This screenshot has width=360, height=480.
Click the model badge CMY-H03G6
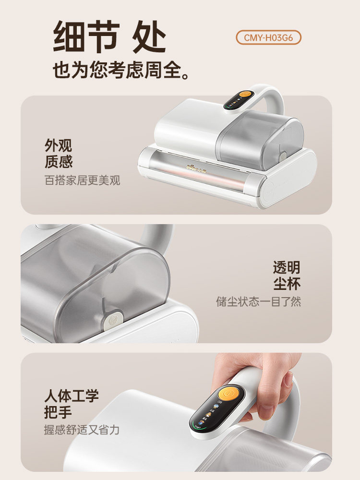pos(268,38)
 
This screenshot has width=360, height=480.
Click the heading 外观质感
pos(59,154)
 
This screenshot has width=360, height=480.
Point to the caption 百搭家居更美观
pos(82,180)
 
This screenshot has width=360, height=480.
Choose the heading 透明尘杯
pos(287,275)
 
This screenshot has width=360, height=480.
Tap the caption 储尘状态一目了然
pos(258,302)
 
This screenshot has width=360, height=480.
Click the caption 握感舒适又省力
pos(82,430)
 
